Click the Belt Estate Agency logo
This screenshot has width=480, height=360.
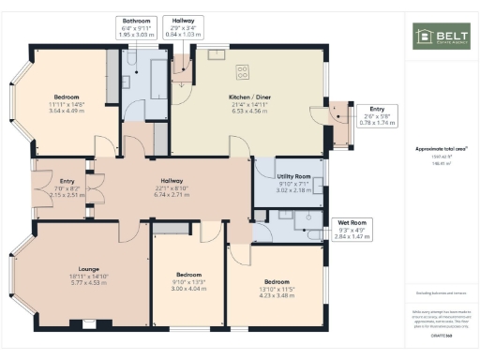[x=442, y=37]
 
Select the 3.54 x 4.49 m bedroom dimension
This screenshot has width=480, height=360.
[x=66, y=109]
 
